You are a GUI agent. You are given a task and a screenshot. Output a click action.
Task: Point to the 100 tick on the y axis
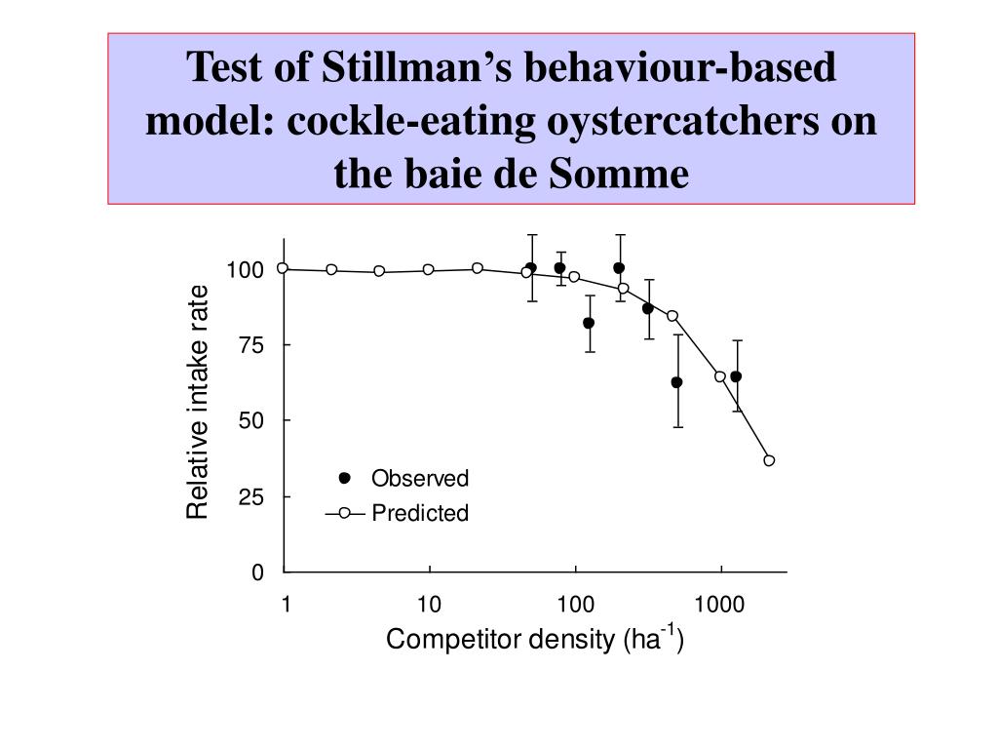245,270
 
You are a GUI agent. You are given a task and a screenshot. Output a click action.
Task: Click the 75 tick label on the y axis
250,345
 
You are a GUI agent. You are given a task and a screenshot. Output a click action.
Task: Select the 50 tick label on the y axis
250,420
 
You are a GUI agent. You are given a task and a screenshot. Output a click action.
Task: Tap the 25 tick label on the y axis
250,496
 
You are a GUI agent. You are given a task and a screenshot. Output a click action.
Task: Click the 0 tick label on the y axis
257,572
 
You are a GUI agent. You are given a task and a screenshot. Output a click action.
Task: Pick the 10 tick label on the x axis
429,606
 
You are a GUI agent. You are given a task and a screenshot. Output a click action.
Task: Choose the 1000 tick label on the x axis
719,606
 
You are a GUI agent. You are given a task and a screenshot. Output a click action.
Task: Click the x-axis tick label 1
286,606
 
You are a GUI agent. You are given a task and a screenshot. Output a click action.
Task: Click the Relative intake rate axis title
198,402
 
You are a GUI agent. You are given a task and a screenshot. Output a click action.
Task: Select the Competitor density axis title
534,640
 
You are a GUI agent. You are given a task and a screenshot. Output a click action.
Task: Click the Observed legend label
419,479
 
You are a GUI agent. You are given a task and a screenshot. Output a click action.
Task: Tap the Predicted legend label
419,513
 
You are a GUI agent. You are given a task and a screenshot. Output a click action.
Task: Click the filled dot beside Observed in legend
344,478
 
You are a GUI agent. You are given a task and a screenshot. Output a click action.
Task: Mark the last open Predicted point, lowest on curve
769,460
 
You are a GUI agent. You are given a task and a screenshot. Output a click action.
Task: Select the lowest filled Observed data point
676,382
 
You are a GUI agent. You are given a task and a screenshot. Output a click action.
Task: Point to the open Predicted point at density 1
283,268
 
